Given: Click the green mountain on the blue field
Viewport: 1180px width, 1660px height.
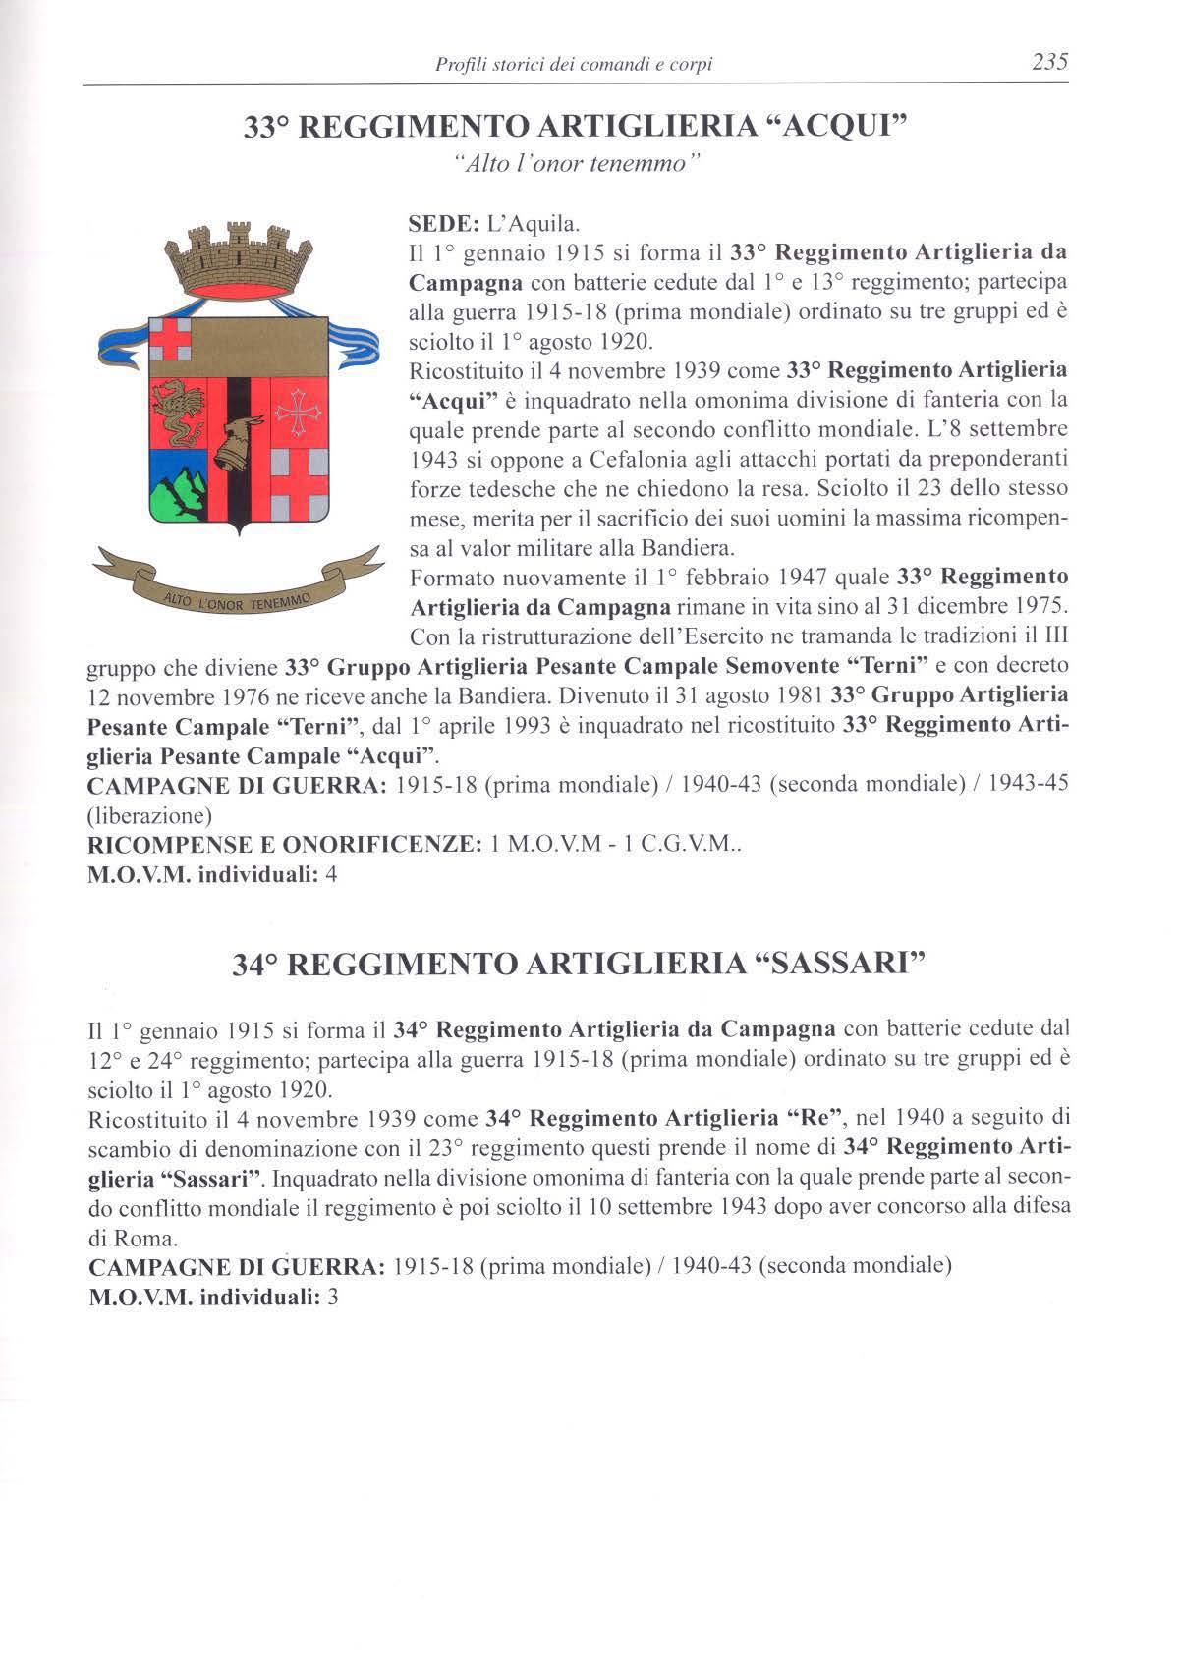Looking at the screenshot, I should (182, 487).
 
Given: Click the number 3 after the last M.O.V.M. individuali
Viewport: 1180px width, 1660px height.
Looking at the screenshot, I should (332, 1297).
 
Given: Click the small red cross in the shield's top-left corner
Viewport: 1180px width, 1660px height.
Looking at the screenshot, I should (179, 342).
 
